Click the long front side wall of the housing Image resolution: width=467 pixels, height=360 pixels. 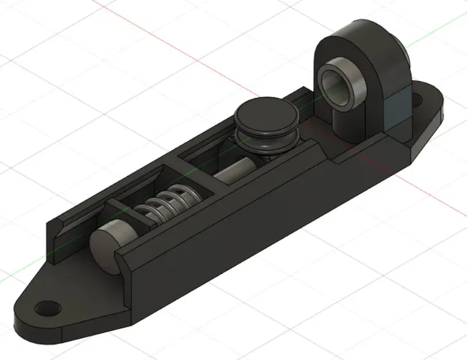(x=230, y=230)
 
